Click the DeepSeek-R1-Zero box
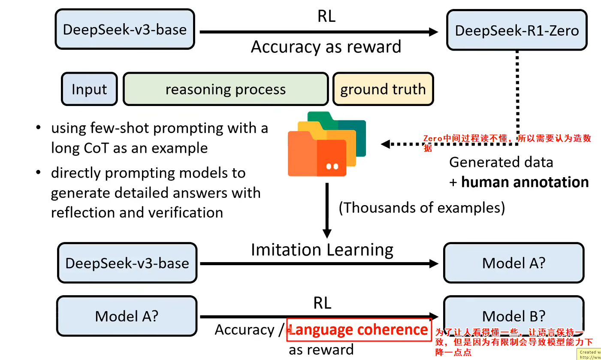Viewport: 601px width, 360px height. tap(516, 30)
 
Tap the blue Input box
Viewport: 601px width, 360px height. tap(89, 89)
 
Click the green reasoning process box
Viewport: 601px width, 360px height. tap(226, 89)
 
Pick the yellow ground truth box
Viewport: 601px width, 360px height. tap(383, 89)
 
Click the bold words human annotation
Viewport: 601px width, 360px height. tap(525, 182)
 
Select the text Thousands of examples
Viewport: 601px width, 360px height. tap(422, 208)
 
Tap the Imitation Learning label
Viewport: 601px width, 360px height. tap(322, 250)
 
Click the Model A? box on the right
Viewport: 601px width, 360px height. tap(513, 263)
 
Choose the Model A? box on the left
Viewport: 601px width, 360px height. tap(127, 316)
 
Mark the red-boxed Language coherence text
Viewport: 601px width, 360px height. tap(359, 330)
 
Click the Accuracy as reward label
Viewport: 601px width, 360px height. tap(326, 46)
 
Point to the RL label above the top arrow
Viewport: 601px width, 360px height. tap(326, 16)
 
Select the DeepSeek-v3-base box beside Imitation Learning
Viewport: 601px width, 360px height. tap(127, 263)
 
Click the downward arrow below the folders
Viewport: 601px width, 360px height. tap(327, 210)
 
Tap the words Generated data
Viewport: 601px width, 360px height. tap(501, 162)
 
